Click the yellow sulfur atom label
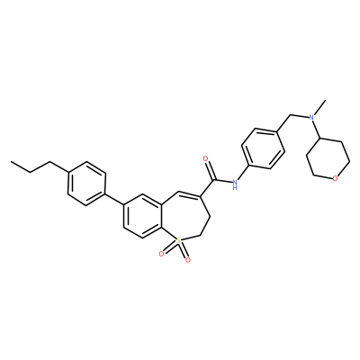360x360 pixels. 178,240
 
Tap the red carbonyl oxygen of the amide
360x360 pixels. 206,158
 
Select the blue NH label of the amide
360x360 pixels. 235,184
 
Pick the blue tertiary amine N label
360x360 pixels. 311,118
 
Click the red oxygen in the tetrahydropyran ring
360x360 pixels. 336,179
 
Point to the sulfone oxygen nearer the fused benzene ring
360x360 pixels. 161,254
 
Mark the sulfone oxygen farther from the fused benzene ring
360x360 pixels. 187,260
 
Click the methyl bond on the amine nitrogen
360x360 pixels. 319,107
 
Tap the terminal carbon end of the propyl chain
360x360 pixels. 11,162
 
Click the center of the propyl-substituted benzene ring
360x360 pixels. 87,184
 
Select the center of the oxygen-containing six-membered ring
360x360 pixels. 328,158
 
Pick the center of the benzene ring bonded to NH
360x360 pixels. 263,148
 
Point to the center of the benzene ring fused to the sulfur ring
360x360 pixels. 142,216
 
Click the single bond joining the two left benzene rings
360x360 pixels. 114,200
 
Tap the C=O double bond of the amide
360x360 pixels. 209,170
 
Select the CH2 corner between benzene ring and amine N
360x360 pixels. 291,115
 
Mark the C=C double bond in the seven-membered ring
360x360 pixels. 189,193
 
